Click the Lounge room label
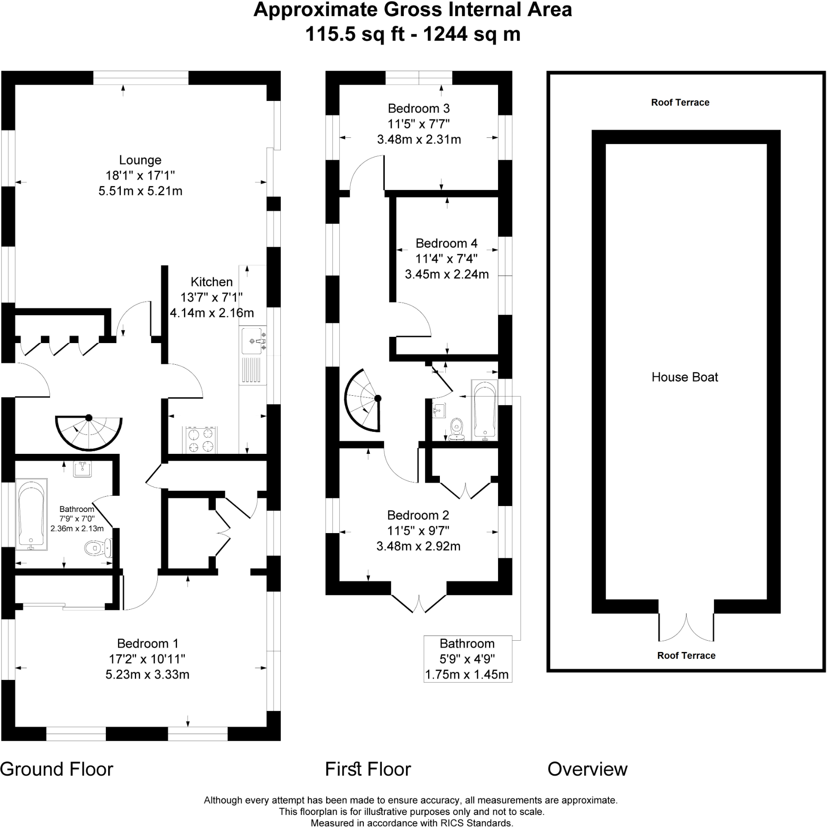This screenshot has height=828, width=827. [x=140, y=160]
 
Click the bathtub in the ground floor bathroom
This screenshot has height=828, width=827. [x=31, y=514]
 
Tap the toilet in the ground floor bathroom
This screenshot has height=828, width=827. [x=96, y=548]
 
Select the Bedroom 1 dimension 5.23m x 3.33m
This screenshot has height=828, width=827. [x=147, y=674]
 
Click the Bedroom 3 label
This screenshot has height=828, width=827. [x=419, y=109]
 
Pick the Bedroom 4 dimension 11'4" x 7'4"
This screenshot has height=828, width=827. [x=446, y=258]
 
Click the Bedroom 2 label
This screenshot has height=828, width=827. [x=418, y=515]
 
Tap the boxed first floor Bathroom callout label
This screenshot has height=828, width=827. [x=467, y=659]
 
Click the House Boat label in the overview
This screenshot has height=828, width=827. [x=685, y=377]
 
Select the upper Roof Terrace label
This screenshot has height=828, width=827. [x=680, y=102]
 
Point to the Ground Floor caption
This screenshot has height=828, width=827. [x=57, y=769]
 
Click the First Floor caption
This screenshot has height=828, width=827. [x=368, y=769]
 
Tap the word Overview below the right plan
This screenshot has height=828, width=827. [x=587, y=769]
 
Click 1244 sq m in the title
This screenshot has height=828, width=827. [x=471, y=34]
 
